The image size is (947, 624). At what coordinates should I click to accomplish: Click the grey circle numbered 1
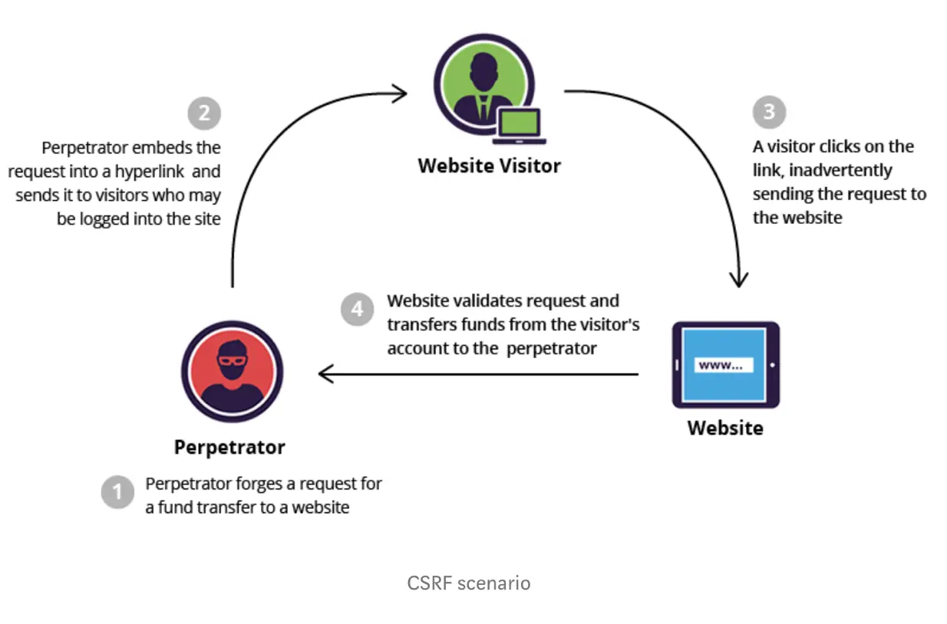coord(117,492)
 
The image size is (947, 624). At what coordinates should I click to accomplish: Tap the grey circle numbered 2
coord(204,113)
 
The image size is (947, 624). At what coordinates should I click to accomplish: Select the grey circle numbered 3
coord(769,112)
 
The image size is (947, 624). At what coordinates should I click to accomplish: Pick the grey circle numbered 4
coord(358,309)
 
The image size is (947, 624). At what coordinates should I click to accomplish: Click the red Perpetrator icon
coord(232,372)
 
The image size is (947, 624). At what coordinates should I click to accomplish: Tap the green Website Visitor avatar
coord(484,84)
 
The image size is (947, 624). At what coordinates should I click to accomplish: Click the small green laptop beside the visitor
coord(519,126)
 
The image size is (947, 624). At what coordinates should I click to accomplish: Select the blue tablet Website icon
coord(726,365)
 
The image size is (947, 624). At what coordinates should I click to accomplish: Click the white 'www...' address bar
coord(724,365)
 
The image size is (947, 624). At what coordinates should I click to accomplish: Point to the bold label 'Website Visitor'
coord(489,166)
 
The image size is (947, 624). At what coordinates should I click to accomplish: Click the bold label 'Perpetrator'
coord(229,448)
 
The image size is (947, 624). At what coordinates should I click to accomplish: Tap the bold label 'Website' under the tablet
coord(725,428)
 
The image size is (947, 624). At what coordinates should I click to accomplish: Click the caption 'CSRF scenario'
coord(469,583)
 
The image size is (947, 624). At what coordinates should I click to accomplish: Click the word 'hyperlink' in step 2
coord(150,172)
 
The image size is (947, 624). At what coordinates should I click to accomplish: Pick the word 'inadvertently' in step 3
coord(840,171)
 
